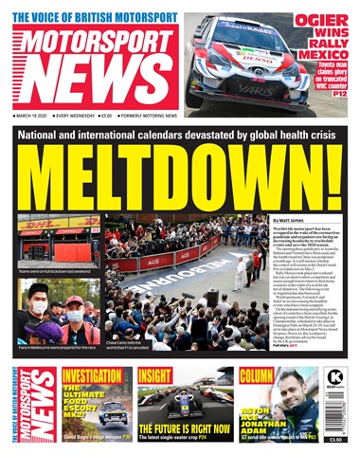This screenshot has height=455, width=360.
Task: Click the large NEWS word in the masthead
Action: pos(95,82)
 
